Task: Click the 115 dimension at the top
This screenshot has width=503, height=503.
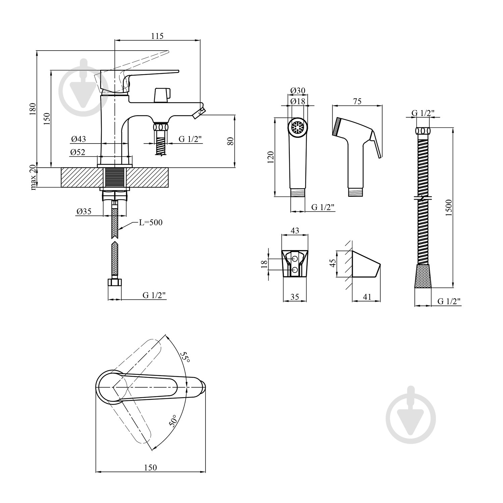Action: point(157,36)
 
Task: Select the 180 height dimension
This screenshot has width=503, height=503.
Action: point(33,109)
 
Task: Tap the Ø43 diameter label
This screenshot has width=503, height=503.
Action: point(78,139)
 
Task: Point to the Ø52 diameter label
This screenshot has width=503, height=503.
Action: point(78,152)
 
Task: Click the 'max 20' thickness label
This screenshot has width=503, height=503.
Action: point(33,178)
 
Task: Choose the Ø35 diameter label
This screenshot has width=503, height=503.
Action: point(84,211)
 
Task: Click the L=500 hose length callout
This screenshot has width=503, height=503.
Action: point(151,222)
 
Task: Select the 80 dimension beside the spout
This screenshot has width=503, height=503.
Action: point(230,141)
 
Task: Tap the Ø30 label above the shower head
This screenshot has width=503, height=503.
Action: point(298,91)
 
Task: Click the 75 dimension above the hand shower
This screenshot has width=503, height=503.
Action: point(357,101)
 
